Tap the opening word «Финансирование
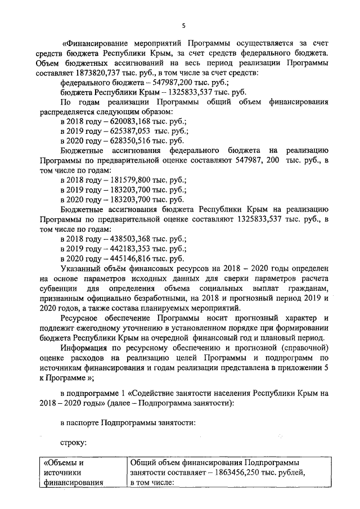tap(94, 43)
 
